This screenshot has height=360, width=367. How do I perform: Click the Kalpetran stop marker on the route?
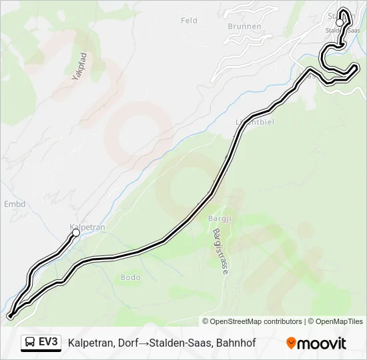76,233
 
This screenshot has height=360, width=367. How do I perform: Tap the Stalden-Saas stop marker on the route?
340,23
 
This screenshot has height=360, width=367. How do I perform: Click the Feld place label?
189,21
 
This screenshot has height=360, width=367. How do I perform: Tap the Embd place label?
14,204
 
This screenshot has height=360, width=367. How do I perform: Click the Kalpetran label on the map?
87,227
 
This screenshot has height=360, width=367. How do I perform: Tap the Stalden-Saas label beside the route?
342,31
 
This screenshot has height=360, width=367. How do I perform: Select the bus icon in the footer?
30,343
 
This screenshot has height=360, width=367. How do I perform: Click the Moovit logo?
316,343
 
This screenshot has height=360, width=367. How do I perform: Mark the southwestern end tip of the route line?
10,315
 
